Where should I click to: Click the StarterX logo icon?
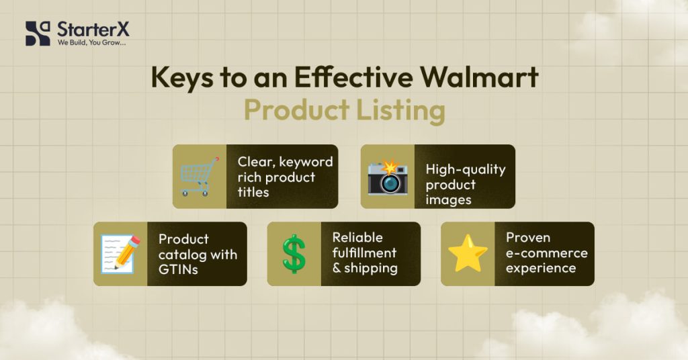coord(37,33)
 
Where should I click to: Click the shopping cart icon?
coord(200,176)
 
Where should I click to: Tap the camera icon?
coord(387,177)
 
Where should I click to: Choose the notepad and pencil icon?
coord(120,254)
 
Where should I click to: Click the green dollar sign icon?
coord(294,254)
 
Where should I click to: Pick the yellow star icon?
coord(468,253)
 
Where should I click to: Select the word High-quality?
coord(465,169)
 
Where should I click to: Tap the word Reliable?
coord(357,238)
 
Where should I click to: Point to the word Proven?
coord(528,238)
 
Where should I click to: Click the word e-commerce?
coord(546,253)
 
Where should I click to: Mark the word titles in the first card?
coord(253,192)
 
